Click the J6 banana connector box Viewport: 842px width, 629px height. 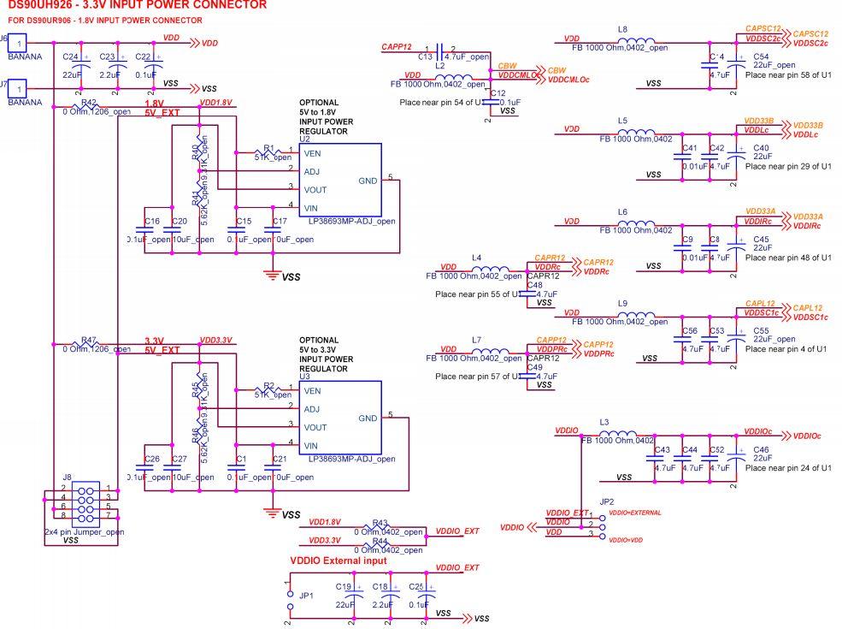point(18,42)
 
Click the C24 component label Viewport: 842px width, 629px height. point(71,56)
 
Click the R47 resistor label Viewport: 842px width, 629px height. point(89,340)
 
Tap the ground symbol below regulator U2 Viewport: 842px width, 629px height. point(273,274)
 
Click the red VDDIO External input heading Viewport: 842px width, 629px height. point(338,561)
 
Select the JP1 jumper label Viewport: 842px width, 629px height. point(306,595)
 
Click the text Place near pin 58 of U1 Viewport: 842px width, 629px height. point(787,75)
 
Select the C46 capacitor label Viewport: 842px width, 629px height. point(761,448)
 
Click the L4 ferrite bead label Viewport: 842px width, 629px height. point(476,257)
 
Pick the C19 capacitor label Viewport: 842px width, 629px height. point(344,586)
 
